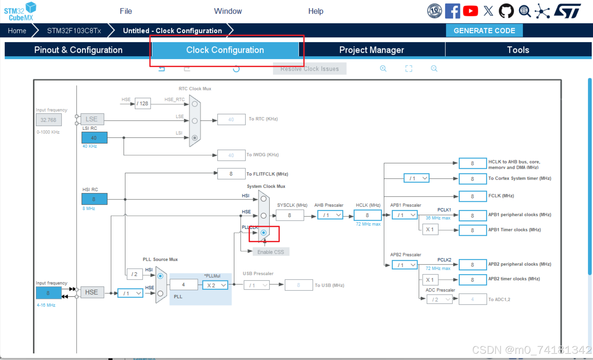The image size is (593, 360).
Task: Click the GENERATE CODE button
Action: click(484, 30)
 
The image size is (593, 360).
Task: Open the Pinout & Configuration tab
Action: click(78, 50)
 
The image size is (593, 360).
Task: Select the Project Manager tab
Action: click(371, 50)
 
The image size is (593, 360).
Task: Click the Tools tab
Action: click(518, 50)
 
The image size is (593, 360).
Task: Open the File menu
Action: click(126, 11)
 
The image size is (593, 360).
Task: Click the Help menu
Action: click(316, 11)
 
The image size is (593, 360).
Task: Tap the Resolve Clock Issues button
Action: click(310, 69)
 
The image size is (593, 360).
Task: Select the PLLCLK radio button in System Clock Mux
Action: click(264, 233)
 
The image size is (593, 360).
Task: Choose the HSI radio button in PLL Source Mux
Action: click(160, 276)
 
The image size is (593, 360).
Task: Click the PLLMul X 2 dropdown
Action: click(215, 285)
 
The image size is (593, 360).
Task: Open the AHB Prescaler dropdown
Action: click(330, 215)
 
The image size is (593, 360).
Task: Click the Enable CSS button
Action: click(271, 252)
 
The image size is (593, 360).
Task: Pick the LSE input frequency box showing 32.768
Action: click(48, 120)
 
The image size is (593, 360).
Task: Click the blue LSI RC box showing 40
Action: click(94, 138)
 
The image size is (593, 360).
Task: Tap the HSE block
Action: click(92, 292)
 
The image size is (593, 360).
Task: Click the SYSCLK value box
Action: click(290, 215)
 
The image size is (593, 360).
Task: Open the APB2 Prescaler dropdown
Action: click(404, 265)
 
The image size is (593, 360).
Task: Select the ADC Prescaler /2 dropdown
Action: click(439, 299)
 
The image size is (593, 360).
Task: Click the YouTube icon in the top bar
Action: click(470, 11)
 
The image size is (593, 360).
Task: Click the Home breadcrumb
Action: click(17, 30)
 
